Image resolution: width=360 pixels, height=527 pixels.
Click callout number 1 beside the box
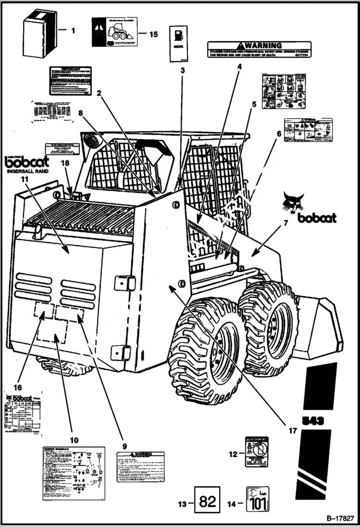click(73, 31)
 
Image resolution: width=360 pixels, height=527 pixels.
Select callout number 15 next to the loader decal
click(153, 34)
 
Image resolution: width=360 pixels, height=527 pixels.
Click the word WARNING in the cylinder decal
click(263, 46)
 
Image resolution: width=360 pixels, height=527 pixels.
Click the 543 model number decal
click(313, 421)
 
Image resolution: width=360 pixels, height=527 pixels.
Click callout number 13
click(182, 504)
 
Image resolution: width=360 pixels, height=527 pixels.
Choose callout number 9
click(124, 446)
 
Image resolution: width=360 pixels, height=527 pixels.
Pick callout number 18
click(65, 163)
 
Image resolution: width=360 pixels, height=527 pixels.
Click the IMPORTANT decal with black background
click(70, 80)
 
